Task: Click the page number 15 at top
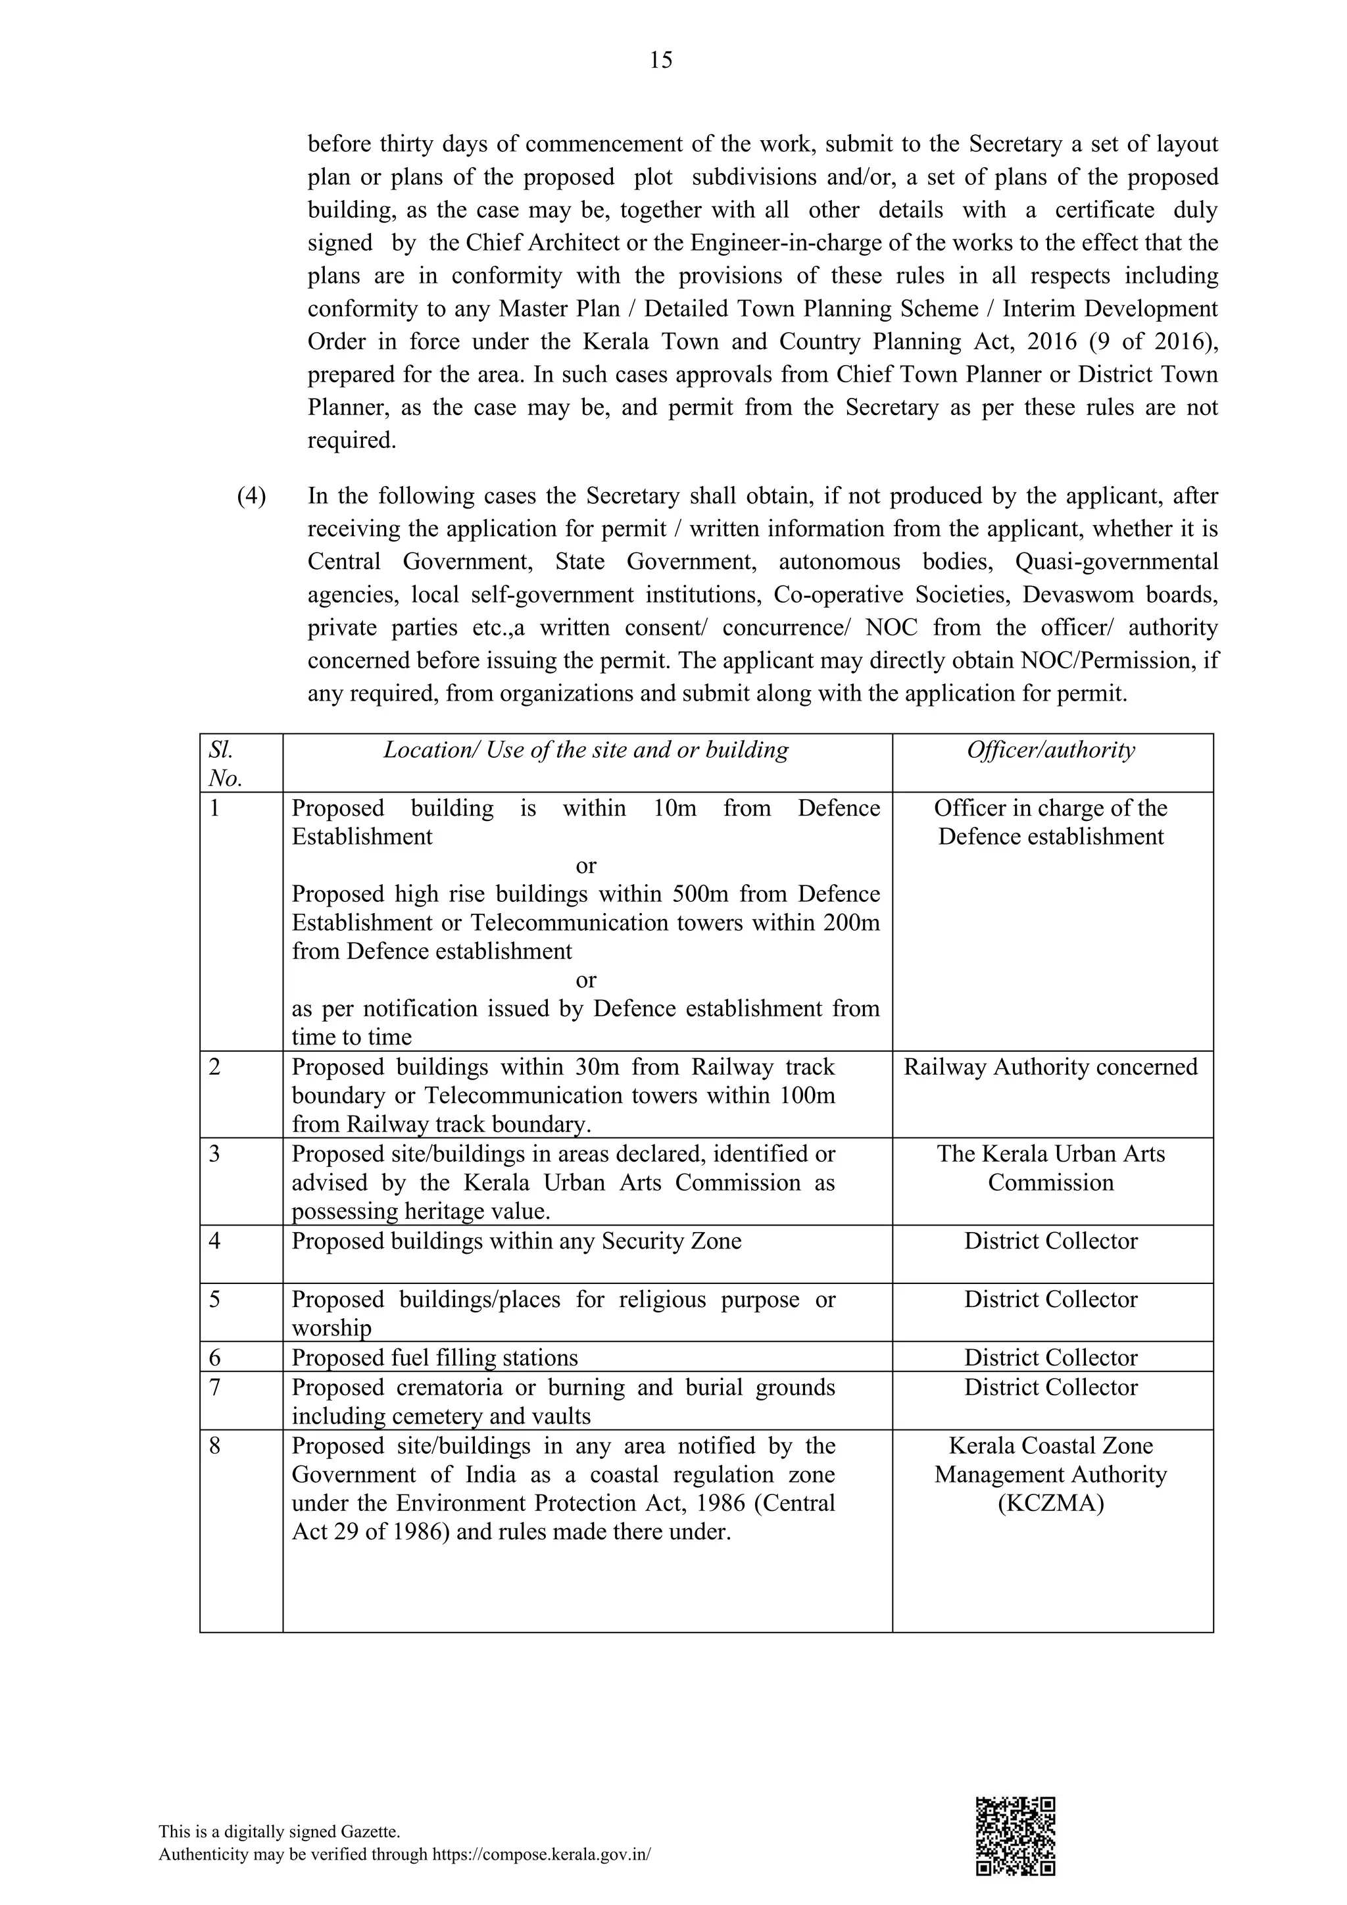click(661, 60)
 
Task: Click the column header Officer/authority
click(1051, 750)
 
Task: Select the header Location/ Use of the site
click(585, 750)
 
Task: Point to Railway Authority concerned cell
click(1051, 1067)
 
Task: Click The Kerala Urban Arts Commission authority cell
click(1051, 1168)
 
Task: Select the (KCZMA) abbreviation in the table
click(1051, 1504)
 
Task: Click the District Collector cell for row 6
click(1051, 1358)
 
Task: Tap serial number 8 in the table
click(215, 1446)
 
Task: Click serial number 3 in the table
click(215, 1154)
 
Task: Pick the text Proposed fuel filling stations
click(435, 1358)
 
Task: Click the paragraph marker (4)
click(252, 496)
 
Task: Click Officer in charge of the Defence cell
click(1051, 822)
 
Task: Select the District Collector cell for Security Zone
click(1051, 1241)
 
